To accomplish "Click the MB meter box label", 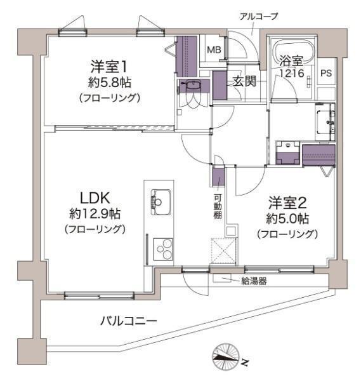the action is (214, 50).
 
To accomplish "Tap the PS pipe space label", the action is (326, 73).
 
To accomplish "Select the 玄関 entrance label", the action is (244, 81).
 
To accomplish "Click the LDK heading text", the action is (95, 197).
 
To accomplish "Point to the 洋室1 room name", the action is (109, 67).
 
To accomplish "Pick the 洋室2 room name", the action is (287, 203).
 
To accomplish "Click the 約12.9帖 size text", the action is (95, 214).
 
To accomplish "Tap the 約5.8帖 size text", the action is (110, 83).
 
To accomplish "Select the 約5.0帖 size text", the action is (287, 219).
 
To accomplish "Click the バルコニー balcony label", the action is (129, 321).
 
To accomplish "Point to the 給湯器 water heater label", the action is (254, 281).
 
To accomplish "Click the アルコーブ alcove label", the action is (259, 17).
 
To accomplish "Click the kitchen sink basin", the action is (161, 202).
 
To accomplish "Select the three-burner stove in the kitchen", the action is (163, 250).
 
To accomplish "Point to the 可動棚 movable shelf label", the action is (218, 206).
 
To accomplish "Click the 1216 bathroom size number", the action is (292, 73).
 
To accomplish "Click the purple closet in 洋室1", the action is (186, 57).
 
